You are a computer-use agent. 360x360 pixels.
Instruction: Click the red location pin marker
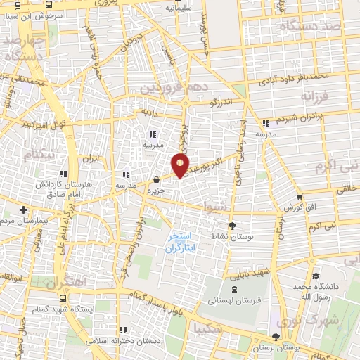(181, 165)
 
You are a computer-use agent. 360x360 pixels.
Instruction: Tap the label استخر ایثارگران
(182, 243)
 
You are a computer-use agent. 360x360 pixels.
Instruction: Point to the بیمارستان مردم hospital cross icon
(23, 210)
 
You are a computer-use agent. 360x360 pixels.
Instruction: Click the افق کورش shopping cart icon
(300, 197)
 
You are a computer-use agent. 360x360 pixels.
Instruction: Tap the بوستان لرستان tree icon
(276, 337)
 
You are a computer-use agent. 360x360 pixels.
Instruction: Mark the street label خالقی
(346, 188)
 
